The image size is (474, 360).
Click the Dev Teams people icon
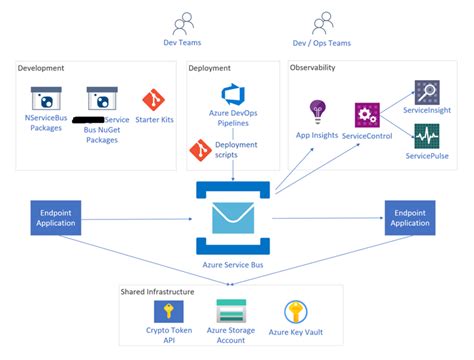(x=182, y=22)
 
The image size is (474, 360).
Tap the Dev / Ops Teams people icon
(x=321, y=22)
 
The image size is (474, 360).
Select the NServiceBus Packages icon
(x=44, y=99)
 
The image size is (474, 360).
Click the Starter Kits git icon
(x=153, y=100)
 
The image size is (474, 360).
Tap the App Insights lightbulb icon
(x=318, y=109)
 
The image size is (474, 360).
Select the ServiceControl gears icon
(x=366, y=114)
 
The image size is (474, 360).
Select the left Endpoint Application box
(x=57, y=218)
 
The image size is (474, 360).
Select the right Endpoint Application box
(x=409, y=218)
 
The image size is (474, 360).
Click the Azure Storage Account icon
(x=231, y=309)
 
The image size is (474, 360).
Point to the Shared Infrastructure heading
(x=152, y=291)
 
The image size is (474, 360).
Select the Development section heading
(x=42, y=68)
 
